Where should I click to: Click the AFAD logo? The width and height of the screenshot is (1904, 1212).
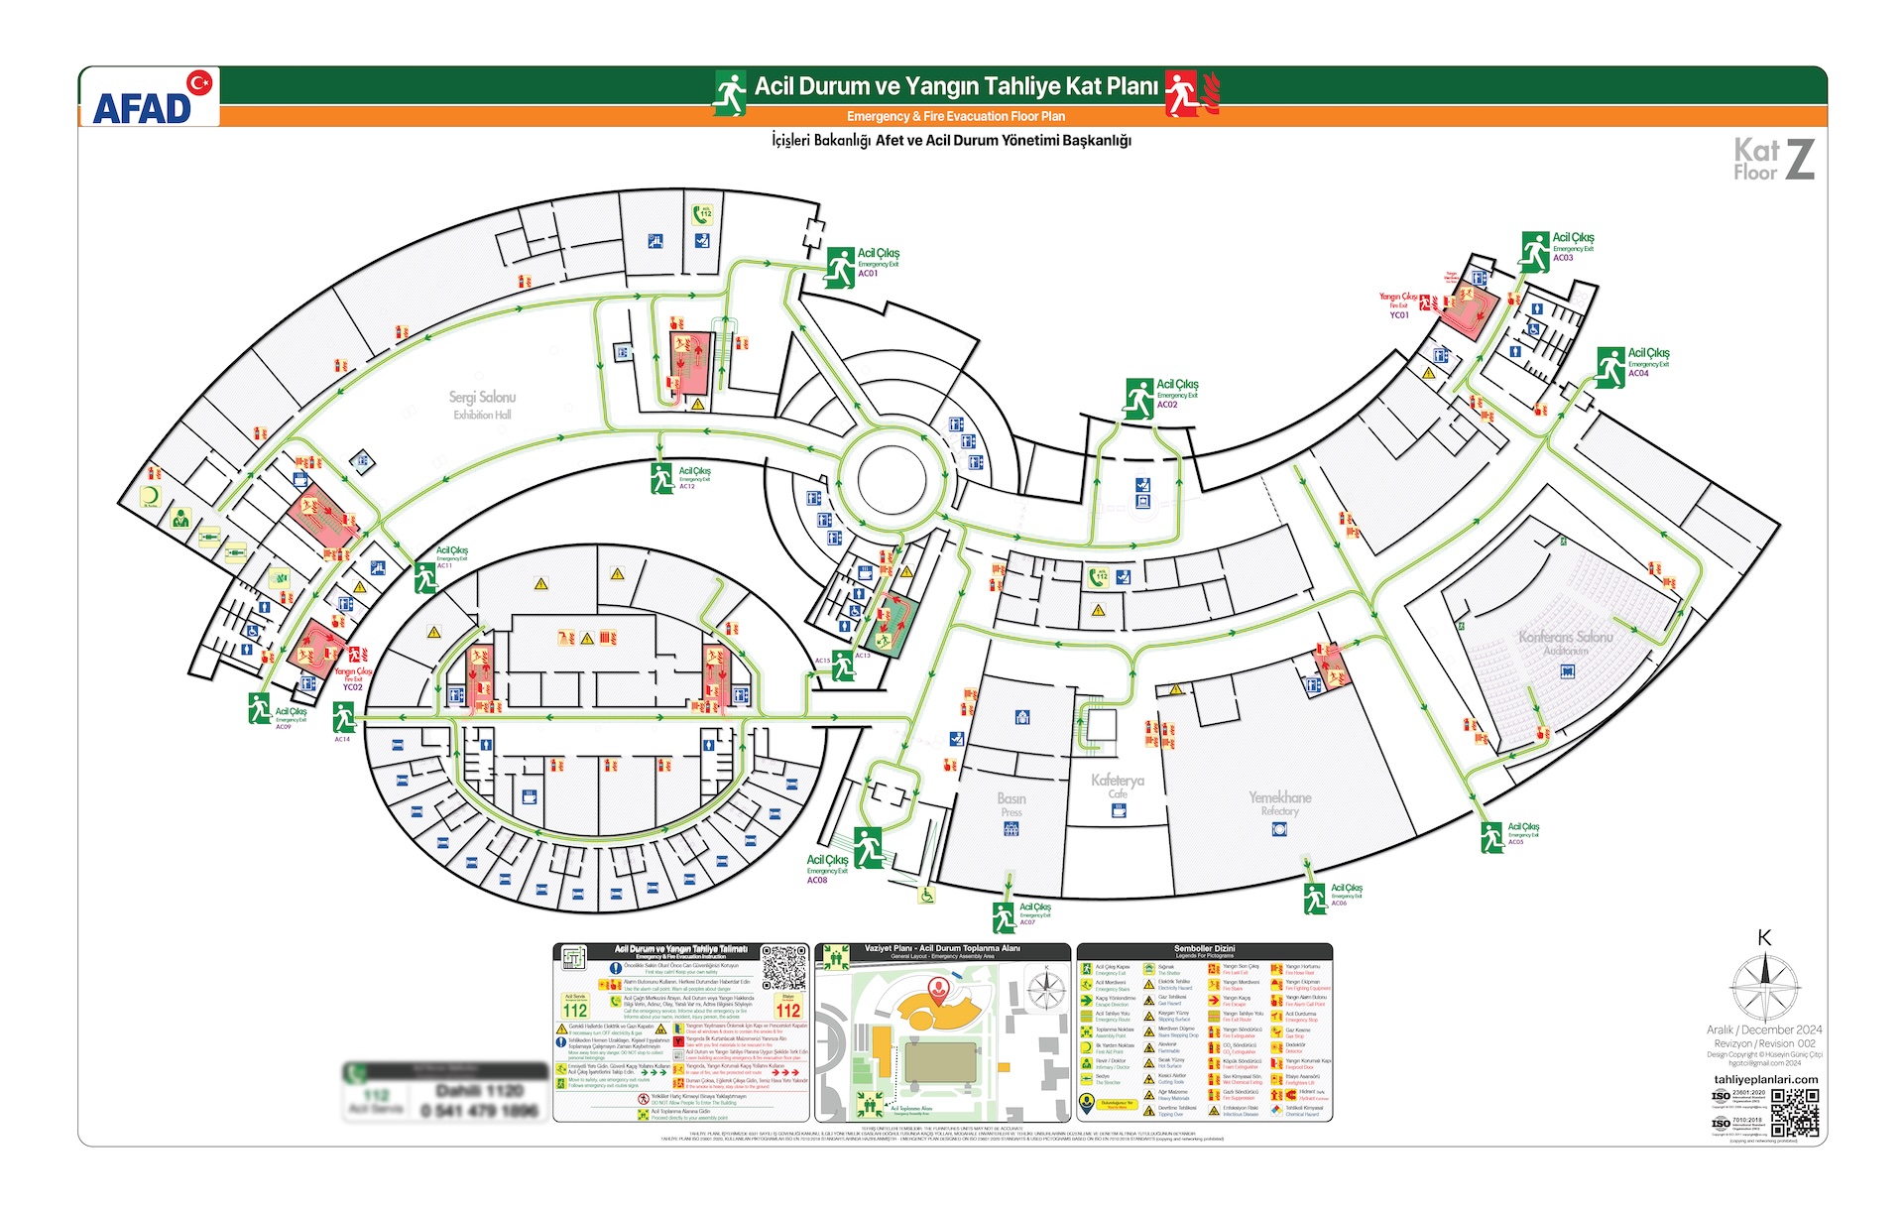pos(149,98)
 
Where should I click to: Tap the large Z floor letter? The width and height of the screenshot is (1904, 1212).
pos(1800,160)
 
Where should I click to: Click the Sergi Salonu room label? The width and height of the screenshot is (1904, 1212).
pos(482,398)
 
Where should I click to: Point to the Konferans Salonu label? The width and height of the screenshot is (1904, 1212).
pos(1565,637)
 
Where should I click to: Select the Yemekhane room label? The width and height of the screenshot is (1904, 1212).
pos(1279,797)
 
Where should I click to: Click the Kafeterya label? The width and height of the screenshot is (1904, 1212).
pos(1118,781)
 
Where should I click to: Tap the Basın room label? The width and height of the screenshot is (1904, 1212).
pos(1011,798)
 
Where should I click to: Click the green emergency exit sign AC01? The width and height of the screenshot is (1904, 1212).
pos(840,267)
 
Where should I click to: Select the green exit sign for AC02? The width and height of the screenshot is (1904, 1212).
pos(1139,398)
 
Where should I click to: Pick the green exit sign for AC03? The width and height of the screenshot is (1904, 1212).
pos(1535,251)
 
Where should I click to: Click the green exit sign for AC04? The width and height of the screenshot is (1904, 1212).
pos(1610,366)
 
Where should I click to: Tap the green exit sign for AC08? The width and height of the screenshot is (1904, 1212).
pos(869,847)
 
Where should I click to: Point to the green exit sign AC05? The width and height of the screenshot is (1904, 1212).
pos(1491,836)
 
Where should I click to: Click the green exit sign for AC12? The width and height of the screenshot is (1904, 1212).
pos(661,478)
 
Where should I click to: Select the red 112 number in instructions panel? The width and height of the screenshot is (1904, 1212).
pos(788,1010)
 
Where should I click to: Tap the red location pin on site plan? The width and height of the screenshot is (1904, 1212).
pos(937,988)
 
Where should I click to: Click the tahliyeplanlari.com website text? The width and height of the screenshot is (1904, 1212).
pos(1765,1079)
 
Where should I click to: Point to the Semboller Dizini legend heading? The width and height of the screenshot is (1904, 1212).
pos(1204,949)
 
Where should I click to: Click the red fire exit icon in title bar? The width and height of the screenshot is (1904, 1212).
pos(1183,93)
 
